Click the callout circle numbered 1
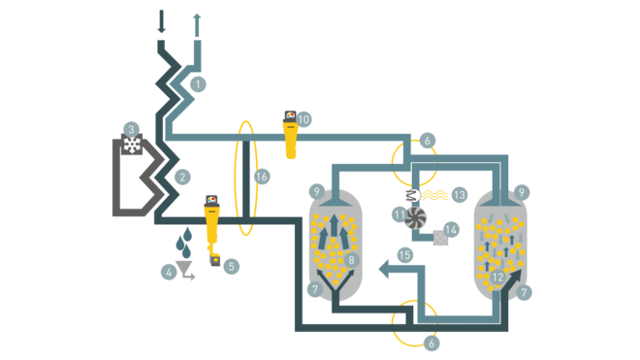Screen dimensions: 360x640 198,83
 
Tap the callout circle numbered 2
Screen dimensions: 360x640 181,177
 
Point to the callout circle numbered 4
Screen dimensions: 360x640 169,273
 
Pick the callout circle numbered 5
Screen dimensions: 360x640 231,266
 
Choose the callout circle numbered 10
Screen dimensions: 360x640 304,119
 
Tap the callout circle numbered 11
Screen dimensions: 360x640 399,212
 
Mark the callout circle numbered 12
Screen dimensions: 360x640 496,278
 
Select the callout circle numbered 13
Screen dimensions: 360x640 460,195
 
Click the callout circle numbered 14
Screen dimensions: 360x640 451,231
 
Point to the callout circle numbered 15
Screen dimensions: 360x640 405,254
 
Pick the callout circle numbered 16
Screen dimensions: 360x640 261,177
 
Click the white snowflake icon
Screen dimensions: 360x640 132,146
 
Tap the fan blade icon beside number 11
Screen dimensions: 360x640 416,217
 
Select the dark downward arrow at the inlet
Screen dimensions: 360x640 161,20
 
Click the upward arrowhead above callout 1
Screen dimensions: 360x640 197,16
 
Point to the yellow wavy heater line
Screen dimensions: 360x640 433,195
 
